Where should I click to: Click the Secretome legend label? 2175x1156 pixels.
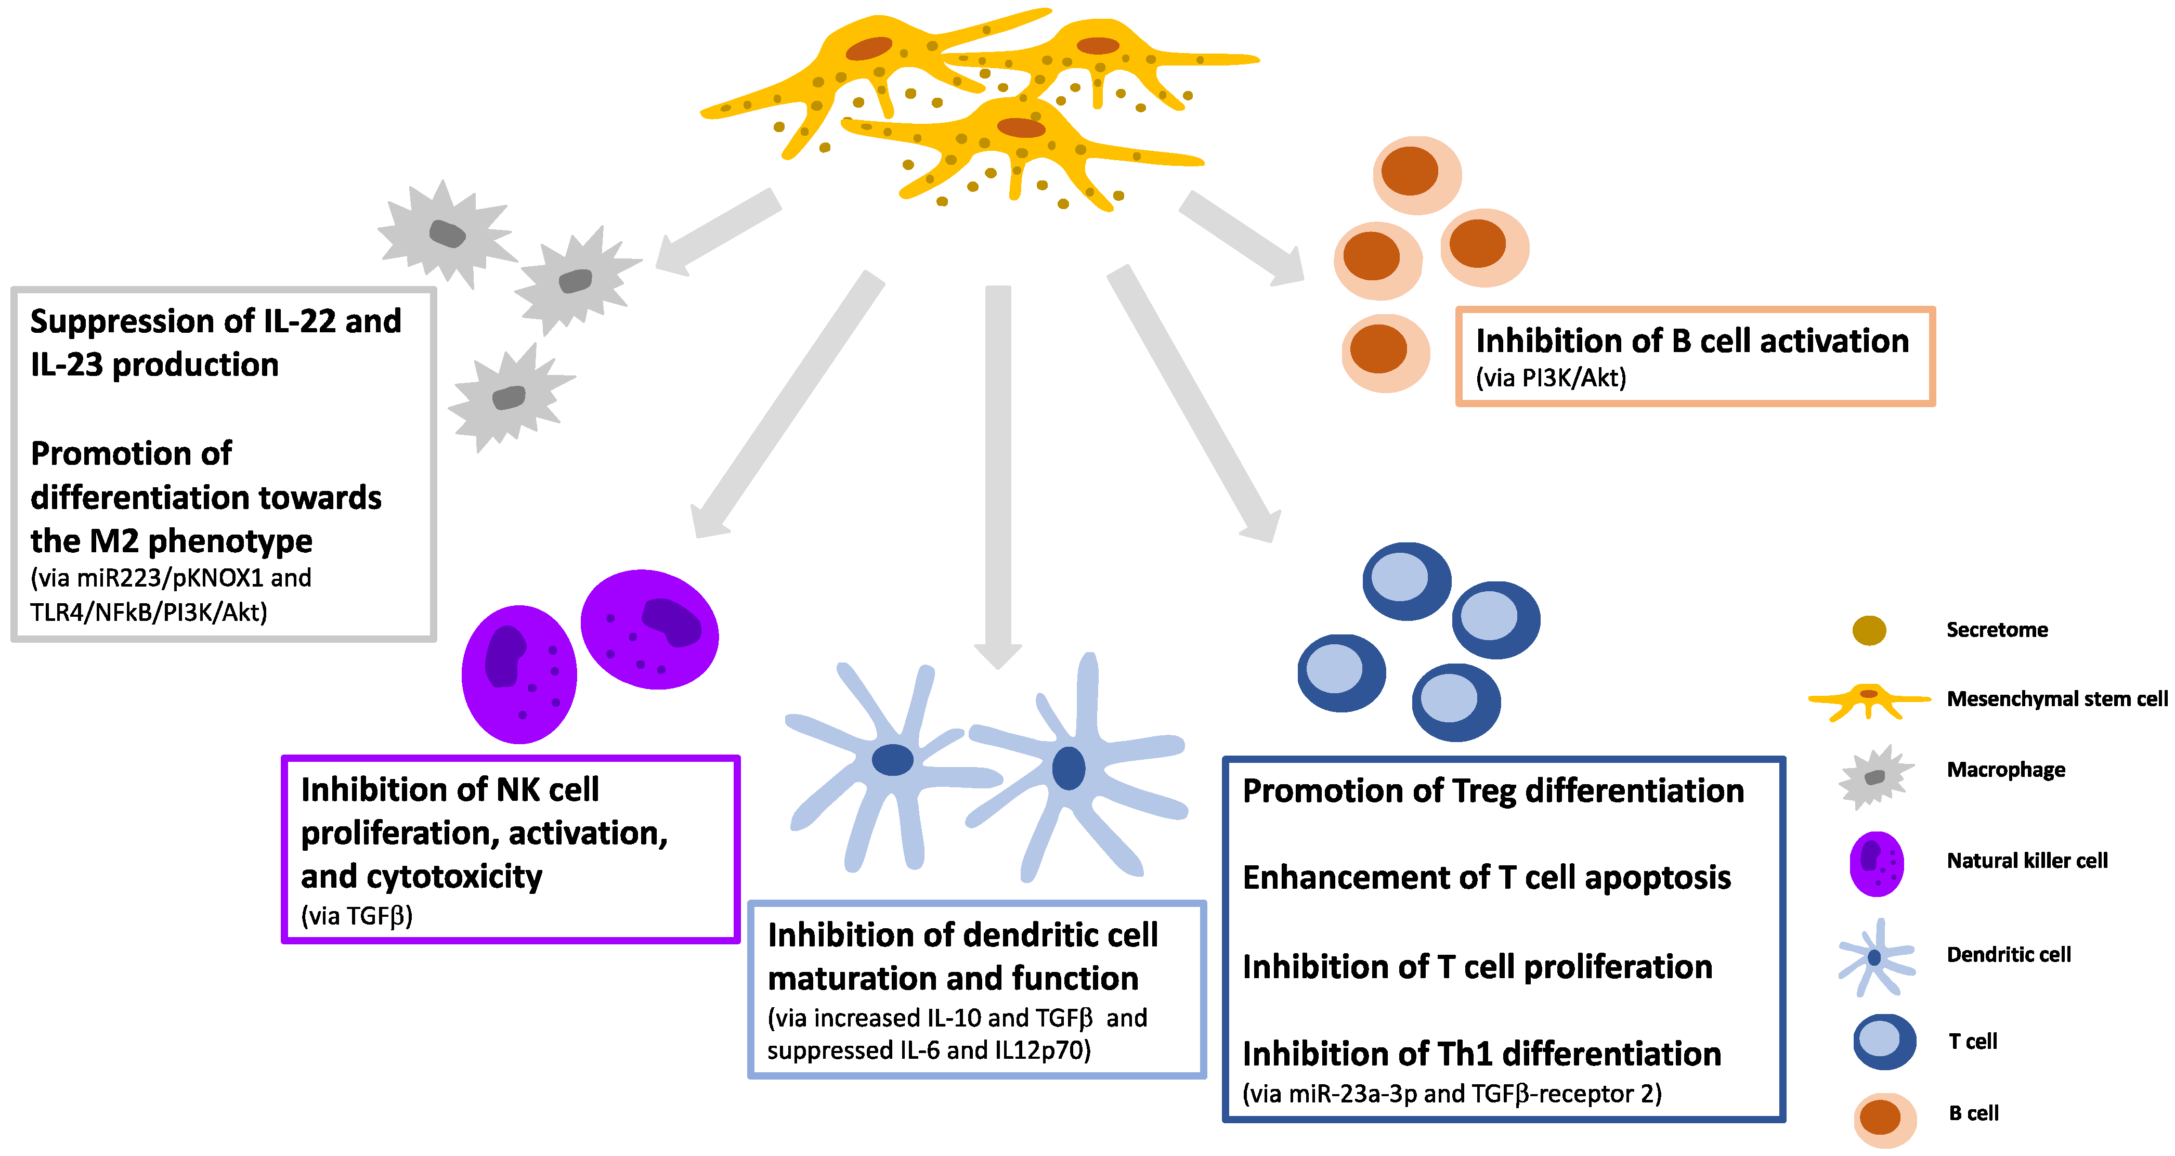(1996, 630)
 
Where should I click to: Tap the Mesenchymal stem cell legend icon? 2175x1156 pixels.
(1869, 699)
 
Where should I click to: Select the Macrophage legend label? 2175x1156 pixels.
(2005, 770)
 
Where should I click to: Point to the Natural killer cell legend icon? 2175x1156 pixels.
(1876, 863)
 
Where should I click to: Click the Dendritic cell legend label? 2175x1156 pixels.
(2008, 955)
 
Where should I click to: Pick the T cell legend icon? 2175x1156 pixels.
(1884, 1041)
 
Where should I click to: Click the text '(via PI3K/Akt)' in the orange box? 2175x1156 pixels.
(1550, 378)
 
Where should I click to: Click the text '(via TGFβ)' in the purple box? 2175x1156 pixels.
(356, 916)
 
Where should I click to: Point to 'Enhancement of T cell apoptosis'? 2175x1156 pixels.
(1486, 878)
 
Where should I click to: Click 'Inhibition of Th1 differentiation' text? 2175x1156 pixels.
(1481, 1054)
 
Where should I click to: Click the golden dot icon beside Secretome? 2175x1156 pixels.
(1869, 630)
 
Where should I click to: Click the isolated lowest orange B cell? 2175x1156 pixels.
(1385, 352)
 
